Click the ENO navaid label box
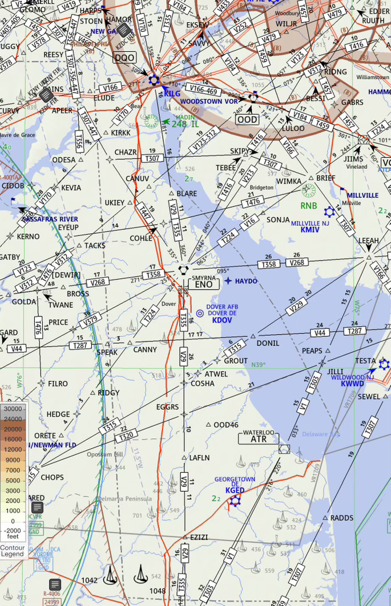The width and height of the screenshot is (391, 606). pos(203,284)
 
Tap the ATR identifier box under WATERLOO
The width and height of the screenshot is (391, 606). pos(259,440)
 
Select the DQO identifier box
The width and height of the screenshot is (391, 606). pos(124,58)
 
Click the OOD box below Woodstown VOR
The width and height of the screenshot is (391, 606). pos(247,120)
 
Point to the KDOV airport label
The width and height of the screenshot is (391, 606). pos(222,320)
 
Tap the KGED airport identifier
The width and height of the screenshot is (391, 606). pos(235,490)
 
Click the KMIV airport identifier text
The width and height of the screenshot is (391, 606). pos(310,230)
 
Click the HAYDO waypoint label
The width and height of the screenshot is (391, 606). pos(246,281)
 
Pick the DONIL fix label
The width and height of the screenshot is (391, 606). pos(268,343)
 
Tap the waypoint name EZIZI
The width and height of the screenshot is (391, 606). pos(199,537)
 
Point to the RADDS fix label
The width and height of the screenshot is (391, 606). pos(342,518)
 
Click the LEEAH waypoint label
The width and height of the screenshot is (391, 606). pos(368,241)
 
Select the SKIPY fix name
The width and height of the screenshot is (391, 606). pos(240,151)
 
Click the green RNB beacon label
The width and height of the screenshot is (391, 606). pos(309,206)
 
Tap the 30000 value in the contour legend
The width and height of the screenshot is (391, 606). pos(13,409)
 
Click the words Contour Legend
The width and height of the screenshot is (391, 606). pos(13,550)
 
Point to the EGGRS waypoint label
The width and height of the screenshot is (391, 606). pos(167,407)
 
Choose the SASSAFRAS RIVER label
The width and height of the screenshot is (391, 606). pos(50,219)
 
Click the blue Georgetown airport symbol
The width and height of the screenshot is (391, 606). pos(235,501)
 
